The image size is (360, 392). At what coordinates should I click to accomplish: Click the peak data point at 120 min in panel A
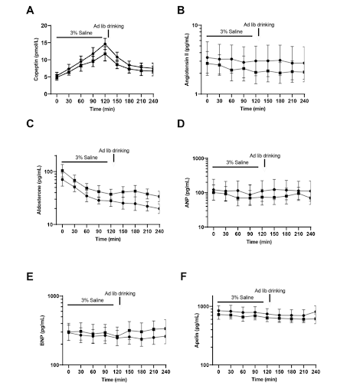(x=105, y=44)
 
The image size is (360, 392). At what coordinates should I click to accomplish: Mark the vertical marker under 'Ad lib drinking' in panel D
(x=264, y=164)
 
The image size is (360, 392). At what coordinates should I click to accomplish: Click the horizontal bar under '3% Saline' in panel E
(x=91, y=305)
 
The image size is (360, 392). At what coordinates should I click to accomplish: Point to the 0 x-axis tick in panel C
(x=62, y=234)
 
